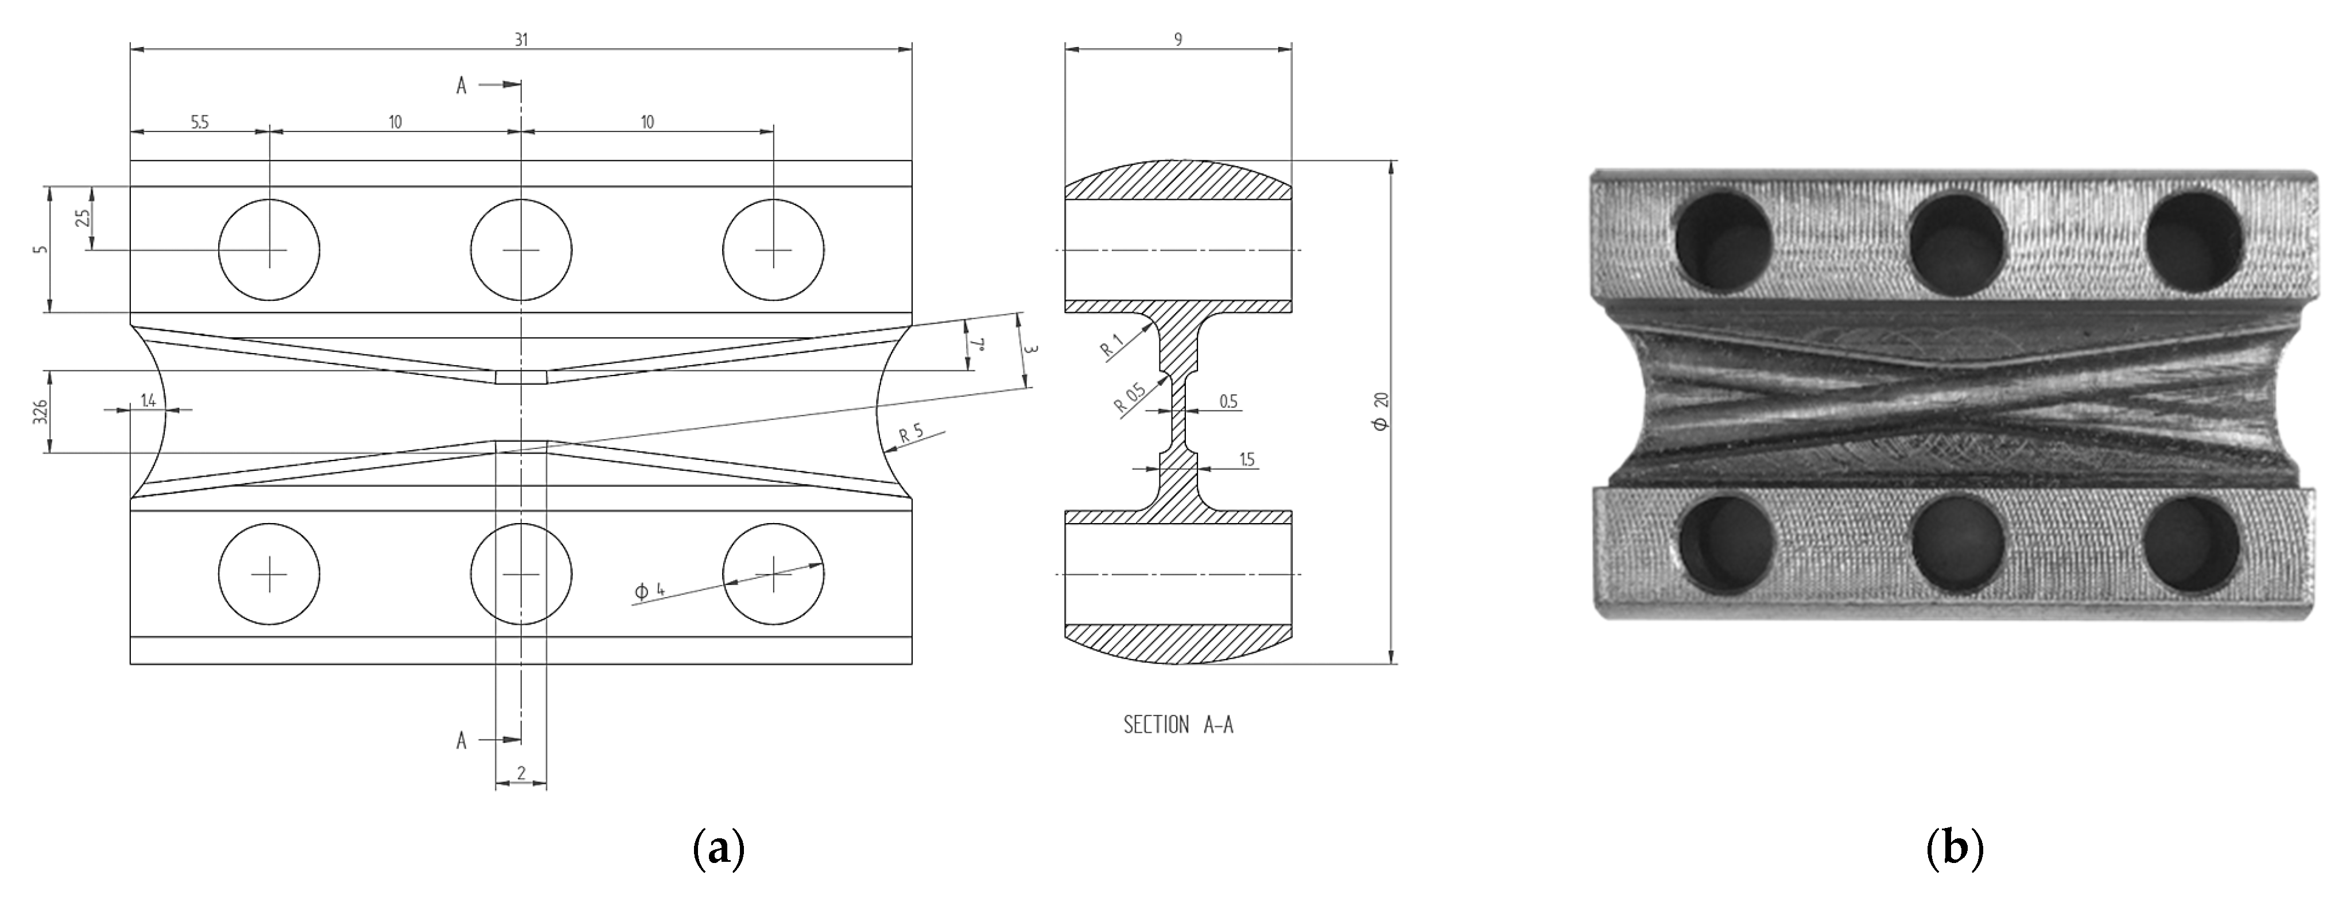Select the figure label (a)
click(719, 849)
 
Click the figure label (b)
click(1955, 849)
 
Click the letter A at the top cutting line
click(462, 86)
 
